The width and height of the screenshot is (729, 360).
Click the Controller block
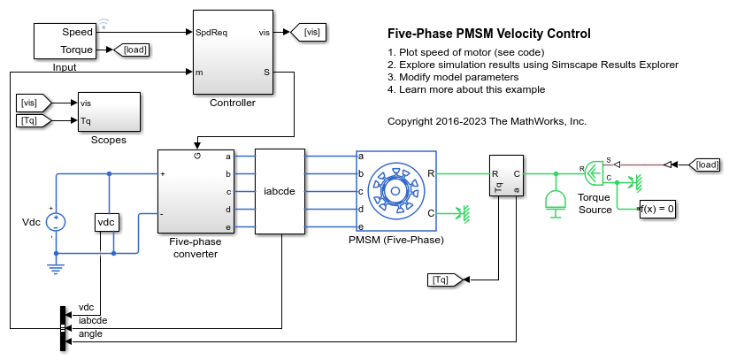pos(233,53)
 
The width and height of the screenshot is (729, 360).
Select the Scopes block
pos(108,111)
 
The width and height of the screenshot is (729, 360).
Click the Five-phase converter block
pos(196,191)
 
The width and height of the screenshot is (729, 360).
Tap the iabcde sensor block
pos(279,191)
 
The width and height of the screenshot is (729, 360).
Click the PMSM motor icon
pos(390,191)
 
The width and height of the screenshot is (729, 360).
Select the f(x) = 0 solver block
pos(656,210)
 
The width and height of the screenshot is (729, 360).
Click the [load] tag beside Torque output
pos(134,50)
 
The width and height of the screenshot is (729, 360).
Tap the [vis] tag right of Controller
pos(312,33)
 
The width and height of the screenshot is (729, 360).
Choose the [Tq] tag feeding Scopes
pos(34,119)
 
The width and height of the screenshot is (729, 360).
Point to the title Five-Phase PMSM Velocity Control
pos(489,34)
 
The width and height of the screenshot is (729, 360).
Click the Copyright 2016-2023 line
pos(487,120)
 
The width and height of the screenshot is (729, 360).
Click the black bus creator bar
pos(63,326)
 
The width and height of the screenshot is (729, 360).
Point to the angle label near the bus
pos(90,333)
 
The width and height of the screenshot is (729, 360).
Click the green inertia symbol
pos(556,203)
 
